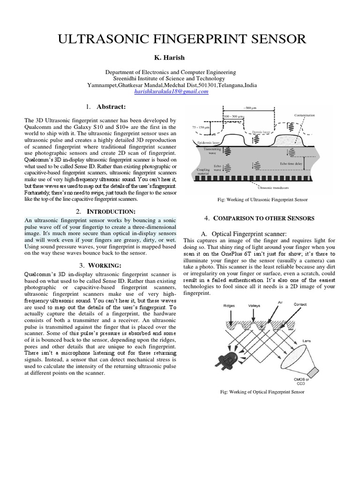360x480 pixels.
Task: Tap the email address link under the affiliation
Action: (x=171, y=92)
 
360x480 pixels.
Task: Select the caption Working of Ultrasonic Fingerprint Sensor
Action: (x=263, y=199)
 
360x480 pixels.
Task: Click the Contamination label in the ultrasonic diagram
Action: (x=304, y=115)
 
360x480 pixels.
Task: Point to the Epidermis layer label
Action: (x=206, y=141)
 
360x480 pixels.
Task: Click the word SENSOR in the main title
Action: (x=271, y=39)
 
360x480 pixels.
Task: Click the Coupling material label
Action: (x=203, y=172)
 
